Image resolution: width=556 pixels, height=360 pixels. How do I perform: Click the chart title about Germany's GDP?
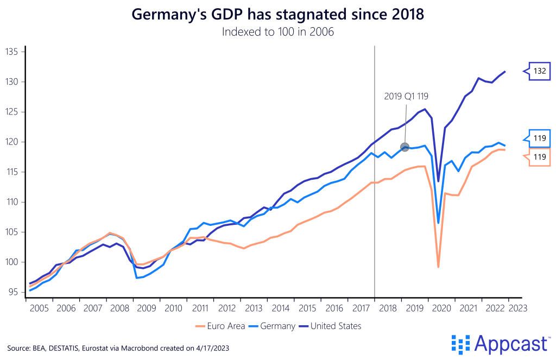(277, 15)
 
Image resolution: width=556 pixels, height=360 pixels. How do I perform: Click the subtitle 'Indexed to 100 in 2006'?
(277, 32)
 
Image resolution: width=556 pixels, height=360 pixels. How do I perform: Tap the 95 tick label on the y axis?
(13, 292)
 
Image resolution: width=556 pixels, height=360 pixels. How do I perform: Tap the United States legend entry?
(331, 326)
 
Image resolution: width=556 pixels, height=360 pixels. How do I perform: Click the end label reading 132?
(539, 71)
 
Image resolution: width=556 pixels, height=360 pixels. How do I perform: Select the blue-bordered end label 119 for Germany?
(539, 138)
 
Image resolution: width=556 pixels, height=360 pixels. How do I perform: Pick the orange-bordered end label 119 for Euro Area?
(539, 156)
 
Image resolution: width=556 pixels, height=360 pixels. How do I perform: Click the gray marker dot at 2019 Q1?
(404, 147)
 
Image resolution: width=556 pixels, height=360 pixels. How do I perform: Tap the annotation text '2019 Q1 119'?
(407, 97)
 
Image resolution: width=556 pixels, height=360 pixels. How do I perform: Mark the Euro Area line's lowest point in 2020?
(438, 267)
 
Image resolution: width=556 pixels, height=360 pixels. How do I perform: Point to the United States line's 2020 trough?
(438, 181)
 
